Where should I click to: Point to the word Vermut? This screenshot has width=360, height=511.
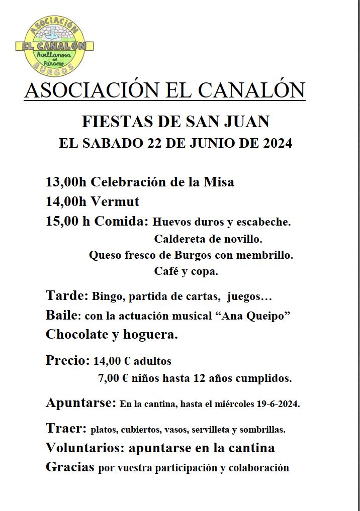[x=115, y=202]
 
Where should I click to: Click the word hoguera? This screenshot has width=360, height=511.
[x=153, y=335]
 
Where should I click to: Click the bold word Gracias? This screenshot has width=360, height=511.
[x=70, y=467]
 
